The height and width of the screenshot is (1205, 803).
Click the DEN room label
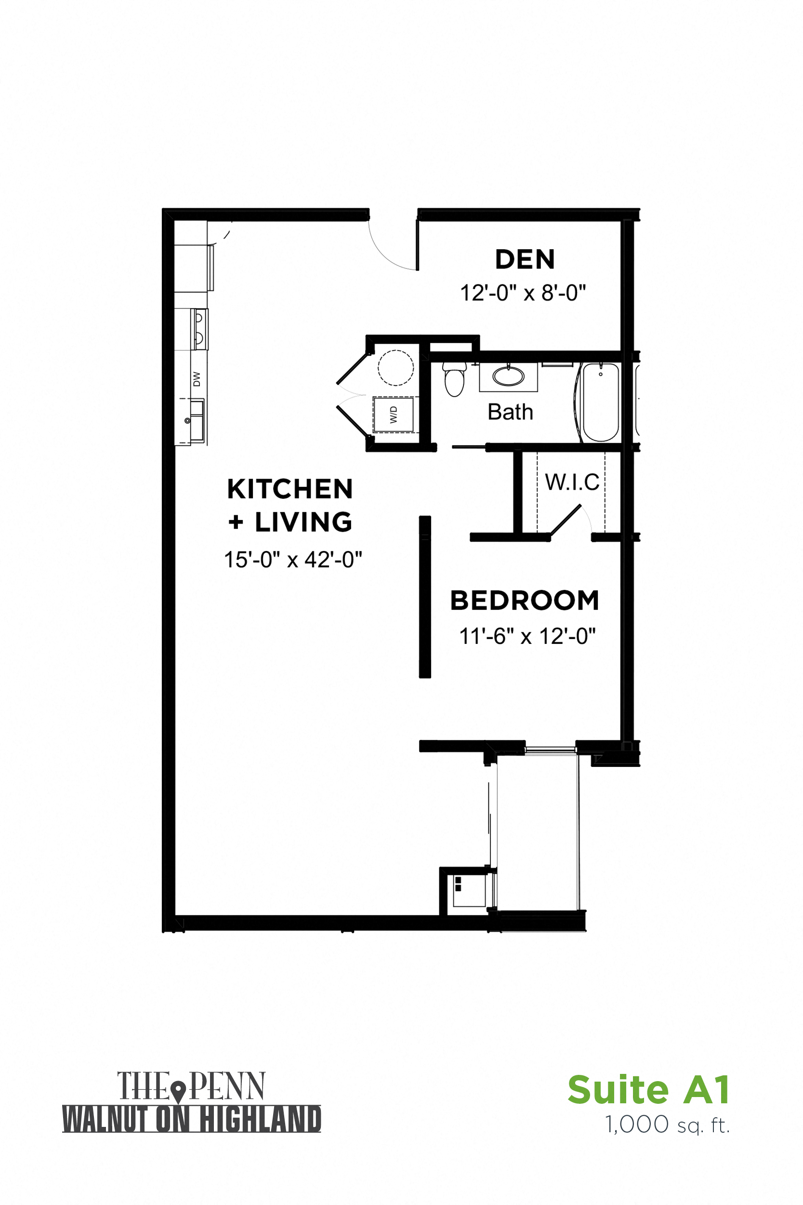(x=525, y=259)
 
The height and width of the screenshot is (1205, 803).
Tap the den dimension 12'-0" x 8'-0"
(x=522, y=293)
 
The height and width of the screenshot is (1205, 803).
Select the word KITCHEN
(x=290, y=489)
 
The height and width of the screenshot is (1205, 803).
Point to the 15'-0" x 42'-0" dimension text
(x=293, y=560)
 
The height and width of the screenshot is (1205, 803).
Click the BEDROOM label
(x=525, y=601)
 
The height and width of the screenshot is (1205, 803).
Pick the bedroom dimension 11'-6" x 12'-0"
(x=527, y=636)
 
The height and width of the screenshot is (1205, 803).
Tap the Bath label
(x=510, y=412)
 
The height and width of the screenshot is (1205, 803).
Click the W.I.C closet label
(x=572, y=482)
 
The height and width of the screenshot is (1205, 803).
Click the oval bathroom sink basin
(x=509, y=376)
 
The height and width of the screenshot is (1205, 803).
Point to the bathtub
(x=600, y=402)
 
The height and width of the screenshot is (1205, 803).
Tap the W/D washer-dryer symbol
(x=393, y=415)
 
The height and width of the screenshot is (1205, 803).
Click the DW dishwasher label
(x=197, y=379)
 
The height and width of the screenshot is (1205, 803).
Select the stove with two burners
(x=199, y=328)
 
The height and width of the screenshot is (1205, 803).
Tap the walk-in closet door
(x=566, y=521)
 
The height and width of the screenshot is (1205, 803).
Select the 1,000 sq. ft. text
(x=667, y=1125)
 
